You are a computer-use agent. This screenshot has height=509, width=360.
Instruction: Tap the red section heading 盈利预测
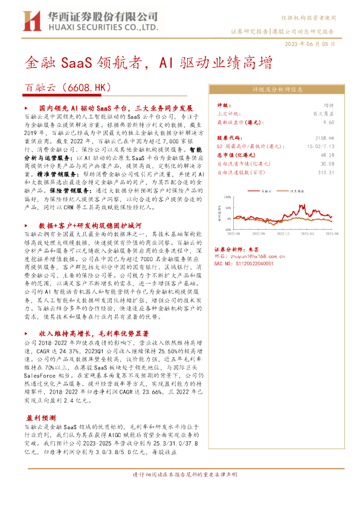[x=41, y=418]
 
